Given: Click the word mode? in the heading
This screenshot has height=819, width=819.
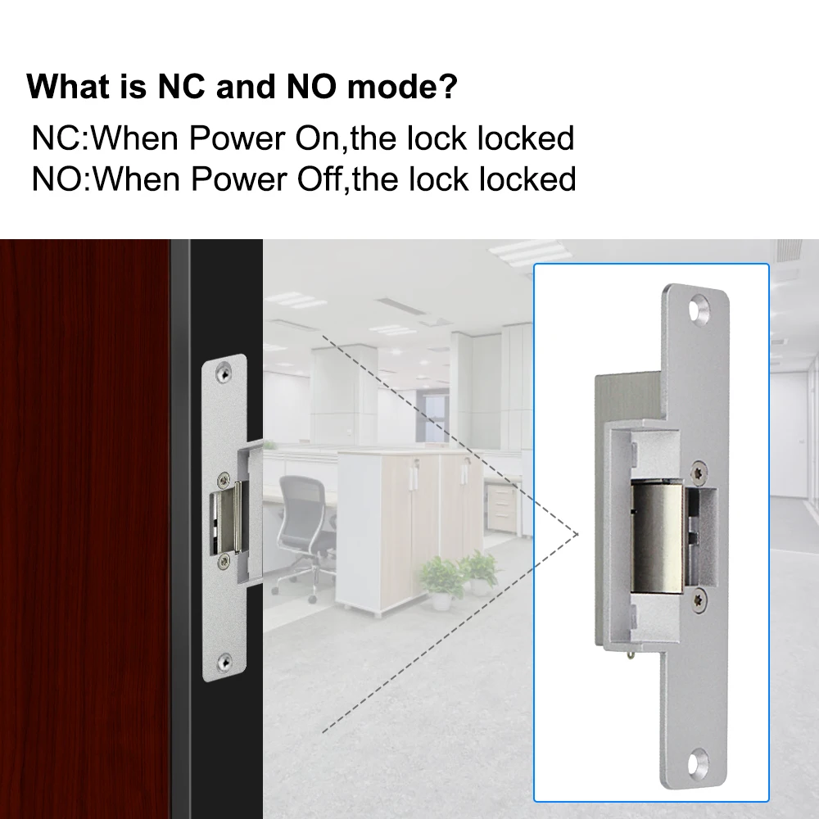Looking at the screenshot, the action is (402, 87).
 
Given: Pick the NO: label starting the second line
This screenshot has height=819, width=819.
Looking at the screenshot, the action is (62, 179).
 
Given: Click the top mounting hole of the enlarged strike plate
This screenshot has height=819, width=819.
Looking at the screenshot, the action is (699, 308).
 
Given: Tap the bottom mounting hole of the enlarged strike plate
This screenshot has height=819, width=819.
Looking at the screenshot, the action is (698, 762).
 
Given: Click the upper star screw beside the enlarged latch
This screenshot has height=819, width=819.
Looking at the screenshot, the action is (699, 473).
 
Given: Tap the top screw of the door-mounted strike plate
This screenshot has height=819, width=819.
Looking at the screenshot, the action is (224, 373).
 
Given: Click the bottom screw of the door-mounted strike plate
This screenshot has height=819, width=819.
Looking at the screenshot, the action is (224, 663).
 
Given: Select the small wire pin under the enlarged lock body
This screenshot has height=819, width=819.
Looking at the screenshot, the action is (632, 654).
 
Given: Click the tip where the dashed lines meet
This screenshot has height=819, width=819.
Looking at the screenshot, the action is (578, 534).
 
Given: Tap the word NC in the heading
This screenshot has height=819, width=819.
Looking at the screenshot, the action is (181, 86).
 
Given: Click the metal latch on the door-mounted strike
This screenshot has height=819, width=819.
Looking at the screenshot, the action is (229, 517).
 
